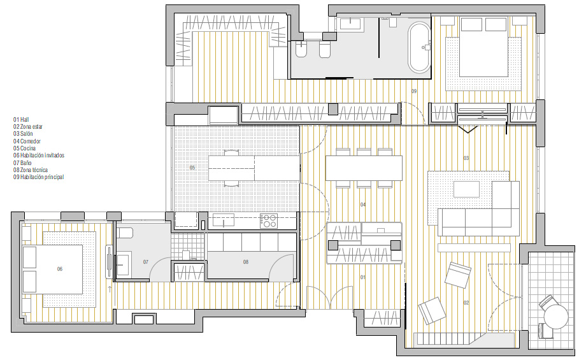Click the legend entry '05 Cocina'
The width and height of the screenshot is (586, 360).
point(25,148)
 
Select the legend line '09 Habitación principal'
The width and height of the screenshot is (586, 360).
point(38,177)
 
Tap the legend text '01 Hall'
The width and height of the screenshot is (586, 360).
point(21,120)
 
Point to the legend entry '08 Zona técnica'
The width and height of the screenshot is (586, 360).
point(31,169)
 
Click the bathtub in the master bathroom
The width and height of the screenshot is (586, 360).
point(420,48)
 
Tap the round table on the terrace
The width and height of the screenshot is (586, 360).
point(555,316)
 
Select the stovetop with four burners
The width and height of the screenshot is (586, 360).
point(269,220)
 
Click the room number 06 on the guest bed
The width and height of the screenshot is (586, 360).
point(60,269)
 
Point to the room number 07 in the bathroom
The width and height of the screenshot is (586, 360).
point(146,262)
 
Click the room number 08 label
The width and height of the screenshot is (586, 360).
point(245,262)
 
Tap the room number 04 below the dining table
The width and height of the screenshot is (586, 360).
point(363,205)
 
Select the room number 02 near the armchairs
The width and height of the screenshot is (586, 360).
point(466,303)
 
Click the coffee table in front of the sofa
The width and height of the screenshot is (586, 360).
point(466,189)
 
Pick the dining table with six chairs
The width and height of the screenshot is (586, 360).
point(364,168)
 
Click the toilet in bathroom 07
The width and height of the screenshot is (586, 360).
point(125,233)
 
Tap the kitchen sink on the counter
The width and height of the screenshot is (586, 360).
point(223,220)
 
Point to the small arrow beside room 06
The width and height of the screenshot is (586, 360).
point(110,289)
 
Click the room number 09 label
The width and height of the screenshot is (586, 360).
point(414,91)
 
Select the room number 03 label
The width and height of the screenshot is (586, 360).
point(466,158)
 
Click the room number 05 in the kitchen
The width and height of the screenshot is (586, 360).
point(192,168)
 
